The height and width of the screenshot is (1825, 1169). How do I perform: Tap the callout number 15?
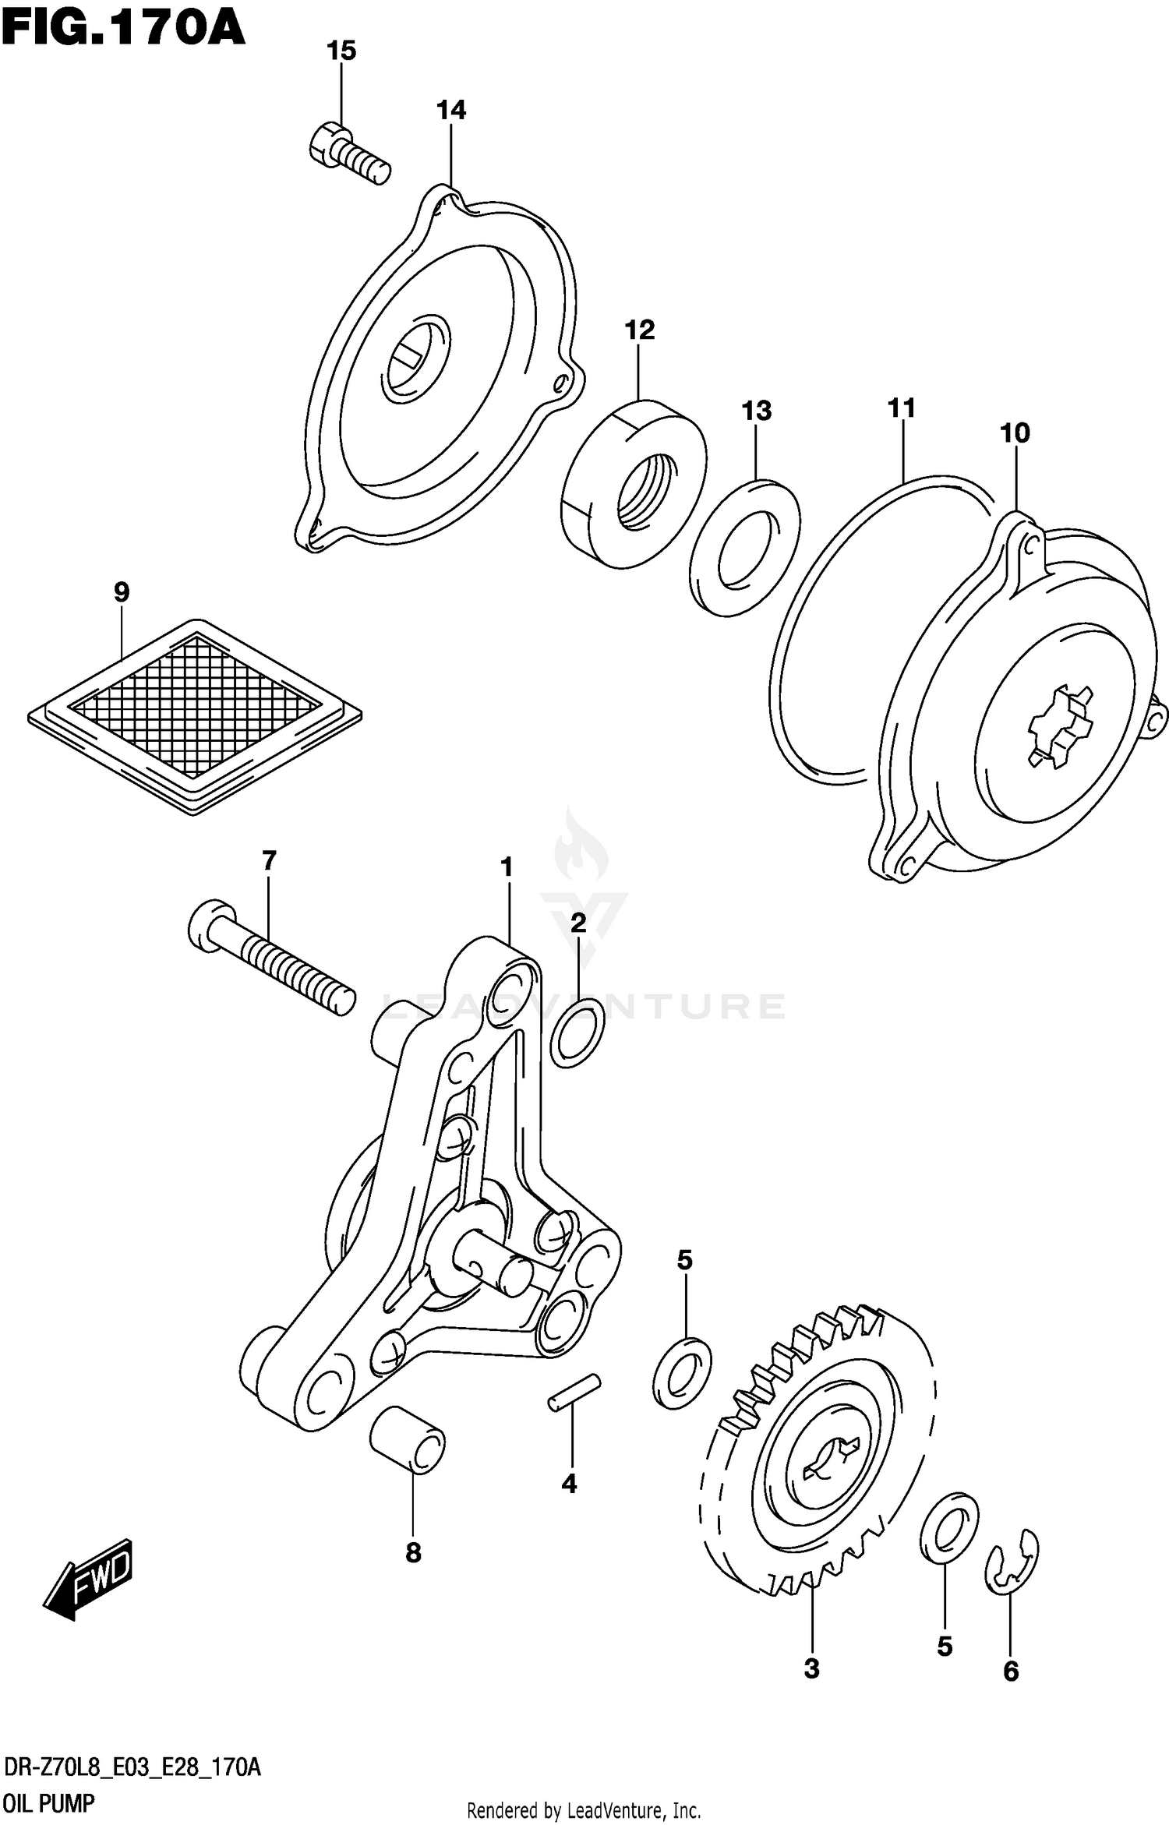click(341, 51)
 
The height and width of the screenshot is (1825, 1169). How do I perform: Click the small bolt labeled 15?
click(348, 154)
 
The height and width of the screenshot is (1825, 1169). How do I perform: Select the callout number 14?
click(450, 111)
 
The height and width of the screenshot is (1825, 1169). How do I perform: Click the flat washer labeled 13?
click(744, 549)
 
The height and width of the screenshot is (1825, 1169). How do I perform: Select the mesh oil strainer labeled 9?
click(194, 716)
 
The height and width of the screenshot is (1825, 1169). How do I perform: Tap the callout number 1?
click(507, 867)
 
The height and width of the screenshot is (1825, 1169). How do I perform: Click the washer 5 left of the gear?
click(682, 1372)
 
